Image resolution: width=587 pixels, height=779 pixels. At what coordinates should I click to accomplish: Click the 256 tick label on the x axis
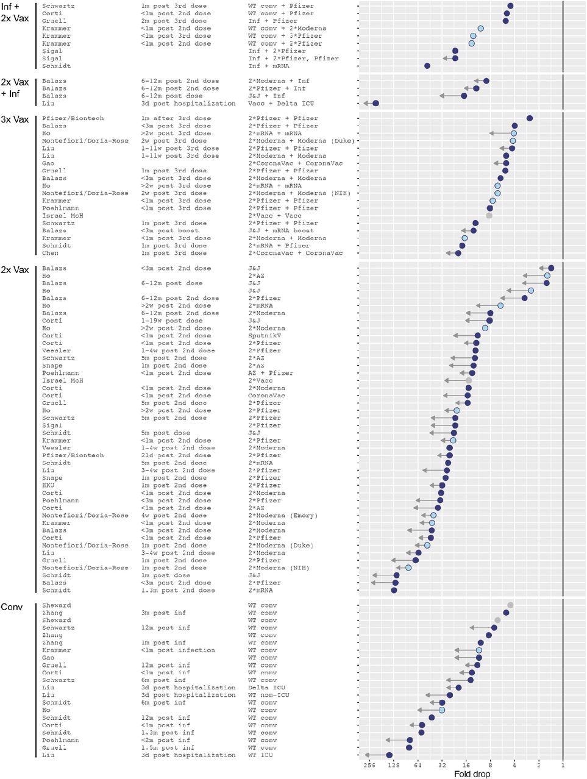(x=369, y=765)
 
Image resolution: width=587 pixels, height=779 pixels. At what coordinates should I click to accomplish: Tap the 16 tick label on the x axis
(x=466, y=765)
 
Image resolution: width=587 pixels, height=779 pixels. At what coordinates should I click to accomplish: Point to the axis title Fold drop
(x=472, y=774)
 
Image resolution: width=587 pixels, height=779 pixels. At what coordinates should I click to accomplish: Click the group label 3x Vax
(x=15, y=119)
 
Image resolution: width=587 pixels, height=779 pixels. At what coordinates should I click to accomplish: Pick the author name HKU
(x=48, y=485)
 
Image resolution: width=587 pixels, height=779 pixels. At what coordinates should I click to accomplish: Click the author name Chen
(x=50, y=253)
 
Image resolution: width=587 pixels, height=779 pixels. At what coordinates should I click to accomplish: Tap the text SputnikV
(x=265, y=335)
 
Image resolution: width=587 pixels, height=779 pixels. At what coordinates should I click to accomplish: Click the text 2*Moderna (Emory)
(x=282, y=515)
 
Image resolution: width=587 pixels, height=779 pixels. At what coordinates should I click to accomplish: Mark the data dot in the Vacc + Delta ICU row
(x=375, y=103)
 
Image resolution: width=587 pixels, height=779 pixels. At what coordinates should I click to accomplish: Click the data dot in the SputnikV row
(x=477, y=335)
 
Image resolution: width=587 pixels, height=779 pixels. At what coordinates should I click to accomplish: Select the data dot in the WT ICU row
(x=390, y=755)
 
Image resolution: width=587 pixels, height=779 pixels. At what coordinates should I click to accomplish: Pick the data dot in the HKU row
(x=442, y=485)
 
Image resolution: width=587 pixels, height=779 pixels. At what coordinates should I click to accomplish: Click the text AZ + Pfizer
(x=270, y=373)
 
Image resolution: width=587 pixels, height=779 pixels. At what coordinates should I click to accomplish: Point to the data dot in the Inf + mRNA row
(x=427, y=66)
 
